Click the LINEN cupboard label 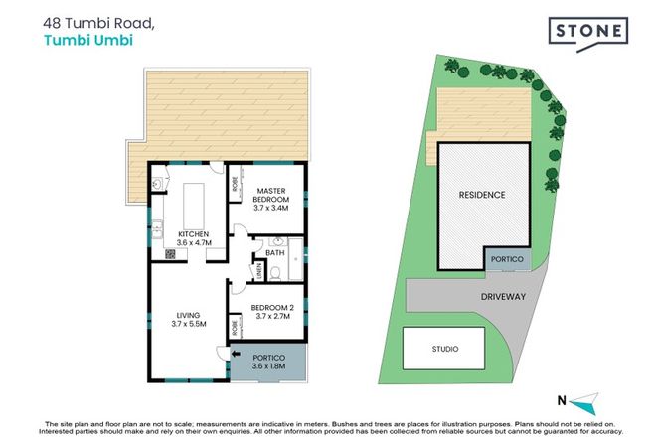click(257, 271)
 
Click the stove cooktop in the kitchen click(170, 253)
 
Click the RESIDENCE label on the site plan click(481, 195)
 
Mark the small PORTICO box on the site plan click(506, 259)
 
